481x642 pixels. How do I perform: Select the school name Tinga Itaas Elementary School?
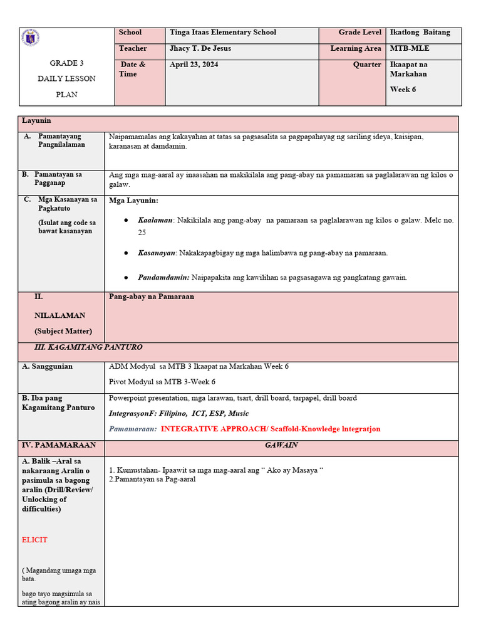[222, 33]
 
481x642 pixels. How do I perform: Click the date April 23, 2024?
[194, 65]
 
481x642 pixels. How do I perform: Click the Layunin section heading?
[36, 120]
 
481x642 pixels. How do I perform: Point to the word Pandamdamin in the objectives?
[163, 277]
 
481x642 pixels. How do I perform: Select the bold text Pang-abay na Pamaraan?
[152, 297]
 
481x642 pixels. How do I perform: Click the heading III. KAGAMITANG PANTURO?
[88, 347]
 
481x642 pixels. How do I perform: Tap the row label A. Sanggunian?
[47, 367]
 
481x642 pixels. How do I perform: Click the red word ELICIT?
[34, 540]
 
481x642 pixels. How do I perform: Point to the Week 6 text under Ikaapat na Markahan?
[403, 89]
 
